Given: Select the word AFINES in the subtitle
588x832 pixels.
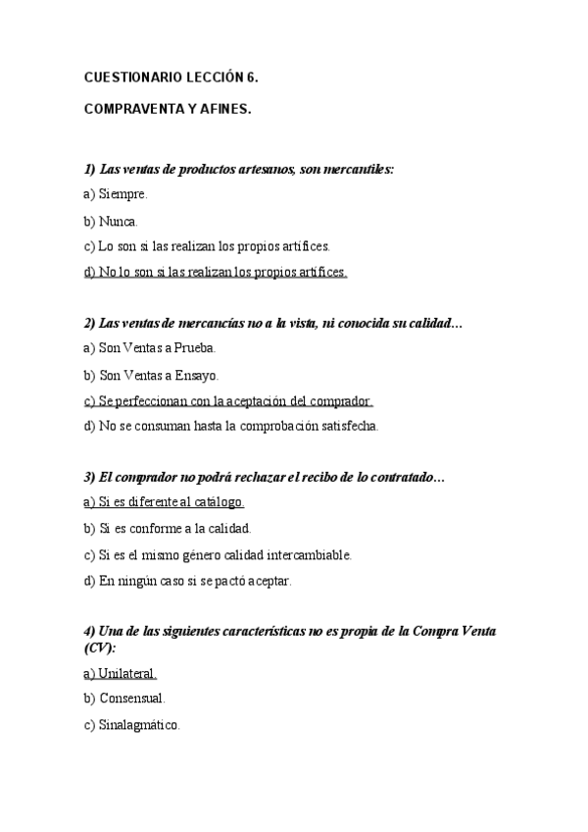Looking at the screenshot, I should coord(226,110).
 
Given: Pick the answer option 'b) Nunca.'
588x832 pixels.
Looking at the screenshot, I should coord(112,221).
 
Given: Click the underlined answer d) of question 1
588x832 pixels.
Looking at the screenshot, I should coord(216,272).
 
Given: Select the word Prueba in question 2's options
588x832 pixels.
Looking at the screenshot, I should coord(194,348).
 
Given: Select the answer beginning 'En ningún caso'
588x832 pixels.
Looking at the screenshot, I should coord(188,580).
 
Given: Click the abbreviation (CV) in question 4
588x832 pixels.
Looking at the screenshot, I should coord(99,649).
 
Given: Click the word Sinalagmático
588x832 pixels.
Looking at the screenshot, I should coord(139,725).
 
